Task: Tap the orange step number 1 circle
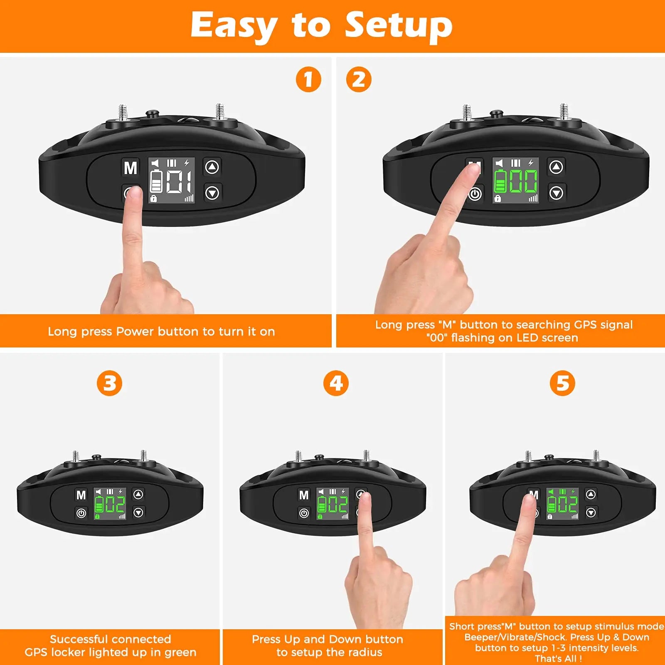(x=308, y=79)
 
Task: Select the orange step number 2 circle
(x=359, y=79)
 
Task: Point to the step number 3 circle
(x=109, y=383)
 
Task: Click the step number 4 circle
(x=336, y=383)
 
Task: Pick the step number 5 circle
(x=562, y=383)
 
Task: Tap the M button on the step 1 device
(x=131, y=168)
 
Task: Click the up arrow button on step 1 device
(x=212, y=167)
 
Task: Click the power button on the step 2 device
(x=475, y=194)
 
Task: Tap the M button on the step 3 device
(x=81, y=495)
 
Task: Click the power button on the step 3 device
(x=81, y=513)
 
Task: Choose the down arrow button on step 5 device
(x=591, y=513)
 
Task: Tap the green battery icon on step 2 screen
(x=500, y=182)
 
